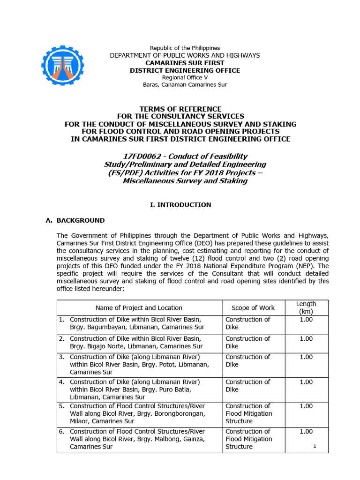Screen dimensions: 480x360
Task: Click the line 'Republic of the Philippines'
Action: (x=184, y=48)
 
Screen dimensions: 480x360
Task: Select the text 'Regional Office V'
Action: (x=184, y=77)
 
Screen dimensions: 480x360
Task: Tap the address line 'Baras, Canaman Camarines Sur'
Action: (x=184, y=85)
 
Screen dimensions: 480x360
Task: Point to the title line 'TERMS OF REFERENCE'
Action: (x=180, y=109)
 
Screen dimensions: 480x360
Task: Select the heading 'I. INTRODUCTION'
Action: (x=180, y=205)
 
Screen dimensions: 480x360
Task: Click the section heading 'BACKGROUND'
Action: (x=81, y=220)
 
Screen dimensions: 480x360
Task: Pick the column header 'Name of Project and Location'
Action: (x=139, y=308)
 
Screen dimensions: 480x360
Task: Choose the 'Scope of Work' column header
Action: (x=253, y=308)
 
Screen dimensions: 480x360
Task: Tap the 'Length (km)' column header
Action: (x=306, y=307)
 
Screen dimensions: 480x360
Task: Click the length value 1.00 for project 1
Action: (x=306, y=320)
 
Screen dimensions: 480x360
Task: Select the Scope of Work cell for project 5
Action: (x=248, y=414)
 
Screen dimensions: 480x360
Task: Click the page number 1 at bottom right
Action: (x=315, y=446)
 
